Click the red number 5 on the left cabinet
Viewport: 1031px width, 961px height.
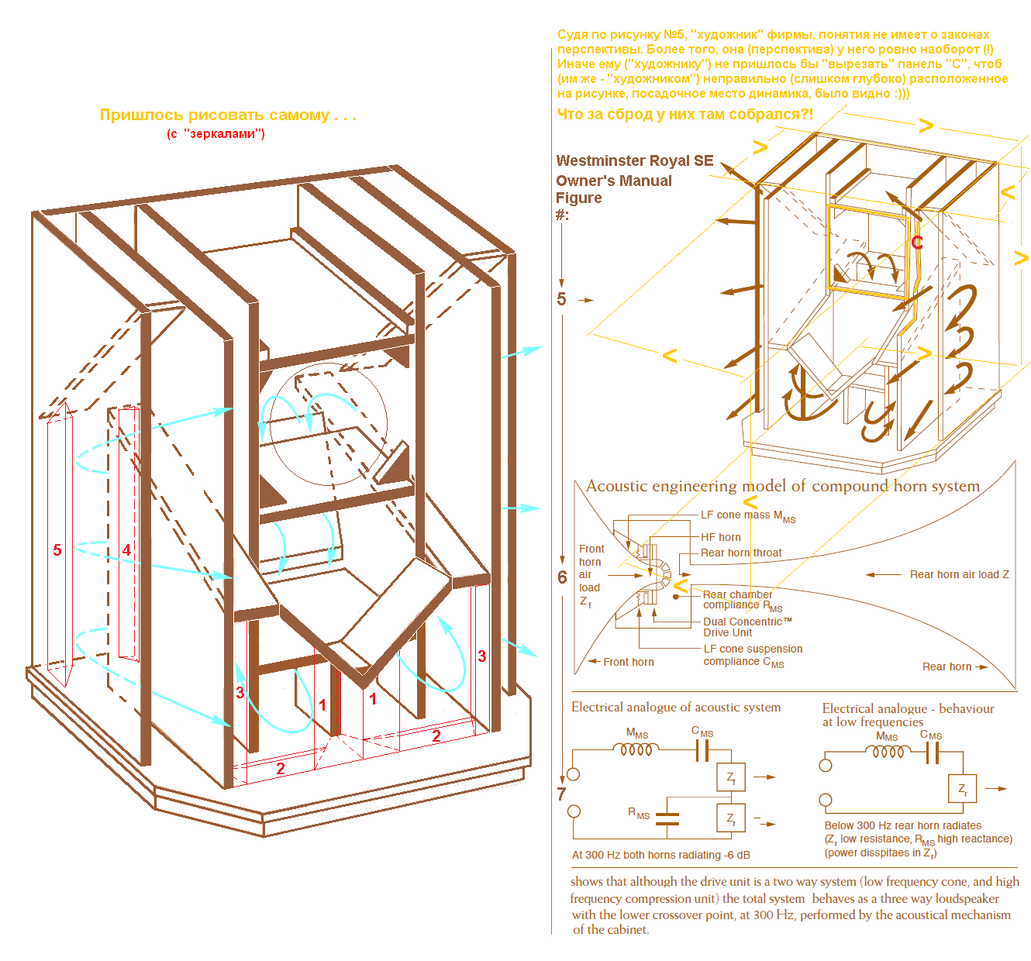coord(57,549)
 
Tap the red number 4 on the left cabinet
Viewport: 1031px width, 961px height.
coord(126,549)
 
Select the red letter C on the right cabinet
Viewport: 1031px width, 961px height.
coord(917,243)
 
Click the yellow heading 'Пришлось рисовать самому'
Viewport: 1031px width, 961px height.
coord(228,115)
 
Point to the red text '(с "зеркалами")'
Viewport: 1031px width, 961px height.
coord(216,134)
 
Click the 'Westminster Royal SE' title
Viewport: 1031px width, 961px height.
coord(634,161)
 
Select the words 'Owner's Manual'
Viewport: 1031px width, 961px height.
coord(613,181)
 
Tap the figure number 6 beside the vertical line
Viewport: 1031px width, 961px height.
coord(562,577)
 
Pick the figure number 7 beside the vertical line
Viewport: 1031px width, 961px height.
coord(561,794)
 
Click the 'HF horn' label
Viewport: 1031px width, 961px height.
coord(720,537)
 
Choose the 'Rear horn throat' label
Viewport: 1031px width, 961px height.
coord(741,553)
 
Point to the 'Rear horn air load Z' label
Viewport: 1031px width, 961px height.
coord(959,574)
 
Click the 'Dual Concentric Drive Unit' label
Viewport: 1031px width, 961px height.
coord(747,627)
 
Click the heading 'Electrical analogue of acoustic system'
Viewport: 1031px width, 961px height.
coord(675,707)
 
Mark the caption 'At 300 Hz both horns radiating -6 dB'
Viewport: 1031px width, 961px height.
coord(660,855)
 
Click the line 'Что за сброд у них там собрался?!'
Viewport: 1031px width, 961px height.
coord(684,114)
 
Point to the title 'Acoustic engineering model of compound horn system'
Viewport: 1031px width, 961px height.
coord(783,486)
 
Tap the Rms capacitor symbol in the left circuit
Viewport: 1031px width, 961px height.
coord(667,818)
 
